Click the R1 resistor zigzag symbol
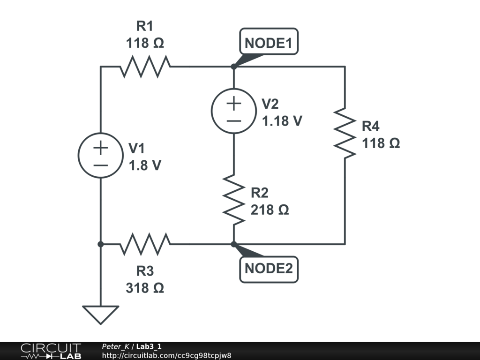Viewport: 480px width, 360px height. tap(145, 67)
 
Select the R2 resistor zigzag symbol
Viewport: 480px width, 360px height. tap(233, 199)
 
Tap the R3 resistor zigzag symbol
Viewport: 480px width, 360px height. tap(145, 244)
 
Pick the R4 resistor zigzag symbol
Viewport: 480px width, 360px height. tap(345, 133)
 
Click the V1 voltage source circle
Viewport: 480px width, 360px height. tap(100, 156)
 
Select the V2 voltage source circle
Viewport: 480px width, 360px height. tap(233, 111)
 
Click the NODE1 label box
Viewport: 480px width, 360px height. tap(269, 43)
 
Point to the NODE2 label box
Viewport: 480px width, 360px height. tap(269, 269)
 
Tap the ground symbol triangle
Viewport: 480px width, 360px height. tap(100, 314)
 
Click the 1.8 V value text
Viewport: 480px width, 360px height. tap(145, 165)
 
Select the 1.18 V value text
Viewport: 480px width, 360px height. tap(282, 120)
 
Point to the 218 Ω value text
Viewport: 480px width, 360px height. tap(270, 210)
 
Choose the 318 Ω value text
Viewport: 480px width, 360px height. tap(145, 288)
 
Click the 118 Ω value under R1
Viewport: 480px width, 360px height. tap(145, 43)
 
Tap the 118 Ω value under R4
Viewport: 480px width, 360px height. tap(381, 143)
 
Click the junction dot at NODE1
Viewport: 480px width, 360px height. tap(233, 67)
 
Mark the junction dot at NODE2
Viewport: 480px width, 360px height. tap(233, 244)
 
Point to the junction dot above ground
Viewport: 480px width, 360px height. tap(100, 244)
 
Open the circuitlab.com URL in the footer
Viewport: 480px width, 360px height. tap(166, 355)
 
